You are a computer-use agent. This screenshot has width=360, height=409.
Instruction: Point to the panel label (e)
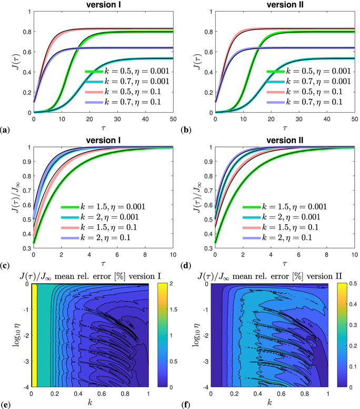[x=5, y=405]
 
